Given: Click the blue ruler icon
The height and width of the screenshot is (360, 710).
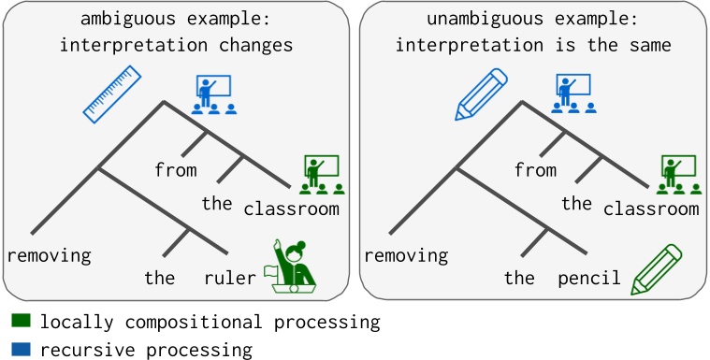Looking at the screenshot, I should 111,94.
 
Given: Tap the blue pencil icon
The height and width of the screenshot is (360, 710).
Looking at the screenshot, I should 484,94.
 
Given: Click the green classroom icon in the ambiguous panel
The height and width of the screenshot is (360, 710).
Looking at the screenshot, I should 323,176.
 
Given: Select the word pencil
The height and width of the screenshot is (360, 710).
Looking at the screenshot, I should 589,278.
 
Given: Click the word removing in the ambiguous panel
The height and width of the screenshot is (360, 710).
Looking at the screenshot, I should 49,254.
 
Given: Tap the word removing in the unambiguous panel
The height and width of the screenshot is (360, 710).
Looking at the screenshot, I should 406,254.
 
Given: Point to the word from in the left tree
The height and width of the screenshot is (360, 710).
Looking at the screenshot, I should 176,170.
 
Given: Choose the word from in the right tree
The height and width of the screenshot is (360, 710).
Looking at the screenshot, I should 535,170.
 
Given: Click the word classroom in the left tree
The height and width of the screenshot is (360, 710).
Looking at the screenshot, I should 291,208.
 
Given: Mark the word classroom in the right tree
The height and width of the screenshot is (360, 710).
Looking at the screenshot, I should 651,208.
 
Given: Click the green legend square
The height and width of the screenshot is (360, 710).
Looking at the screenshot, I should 22,322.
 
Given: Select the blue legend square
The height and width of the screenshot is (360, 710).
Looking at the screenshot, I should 22,350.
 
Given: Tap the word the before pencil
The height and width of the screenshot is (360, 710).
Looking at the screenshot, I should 519,278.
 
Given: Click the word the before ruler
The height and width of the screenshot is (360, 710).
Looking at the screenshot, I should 160,278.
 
